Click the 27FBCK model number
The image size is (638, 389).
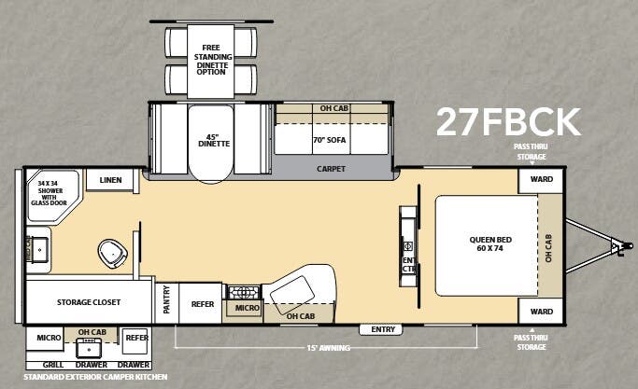[508, 121]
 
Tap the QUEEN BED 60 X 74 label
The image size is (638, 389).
[490, 244]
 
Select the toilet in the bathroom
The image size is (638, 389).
[112, 252]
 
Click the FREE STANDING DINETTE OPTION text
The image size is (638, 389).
[210, 59]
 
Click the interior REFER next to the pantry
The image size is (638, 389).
[203, 304]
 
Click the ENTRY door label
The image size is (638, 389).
[384, 329]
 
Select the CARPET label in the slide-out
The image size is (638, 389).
[331, 169]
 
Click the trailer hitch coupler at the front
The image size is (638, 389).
[616, 246]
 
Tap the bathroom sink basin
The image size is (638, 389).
[39, 248]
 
